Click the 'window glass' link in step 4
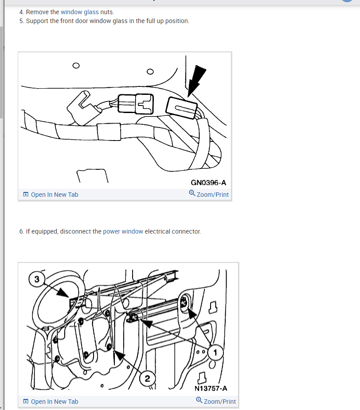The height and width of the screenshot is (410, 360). click(79, 12)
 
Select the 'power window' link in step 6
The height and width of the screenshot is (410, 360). click(123, 231)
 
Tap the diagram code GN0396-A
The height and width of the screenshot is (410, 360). click(208, 183)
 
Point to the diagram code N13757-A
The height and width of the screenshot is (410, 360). click(211, 388)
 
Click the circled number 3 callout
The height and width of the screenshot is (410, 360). click(37, 279)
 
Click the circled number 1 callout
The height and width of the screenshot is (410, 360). click(215, 353)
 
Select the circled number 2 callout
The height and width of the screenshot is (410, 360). click(147, 379)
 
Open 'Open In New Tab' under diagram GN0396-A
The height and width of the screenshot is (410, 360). click(51, 195)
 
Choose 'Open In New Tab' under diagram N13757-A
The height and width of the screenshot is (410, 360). click(51, 402)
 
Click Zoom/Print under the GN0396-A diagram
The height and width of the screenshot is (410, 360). click(209, 194)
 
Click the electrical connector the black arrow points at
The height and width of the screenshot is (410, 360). click(181, 108)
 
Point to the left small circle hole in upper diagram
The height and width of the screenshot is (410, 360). click(76, 65)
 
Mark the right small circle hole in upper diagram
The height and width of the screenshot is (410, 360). click(150, 71)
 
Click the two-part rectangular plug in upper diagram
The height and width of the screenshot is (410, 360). click(136, 104)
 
